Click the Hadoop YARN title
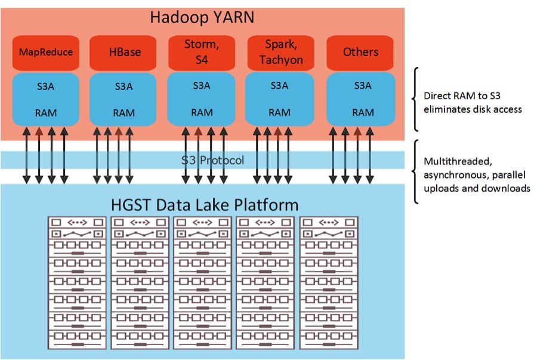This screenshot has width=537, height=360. click(202, 17)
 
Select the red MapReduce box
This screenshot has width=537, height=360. click(45, 53)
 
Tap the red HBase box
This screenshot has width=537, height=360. click(122, 53)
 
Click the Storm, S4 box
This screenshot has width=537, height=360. click(202, 53)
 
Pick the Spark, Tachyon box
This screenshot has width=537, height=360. click(281, 53)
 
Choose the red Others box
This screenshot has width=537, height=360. click(360, 53)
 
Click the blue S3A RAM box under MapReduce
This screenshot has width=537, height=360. click(45, 99)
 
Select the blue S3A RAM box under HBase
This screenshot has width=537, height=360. click(122, 99)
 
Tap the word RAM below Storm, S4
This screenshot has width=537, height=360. click(202, 112)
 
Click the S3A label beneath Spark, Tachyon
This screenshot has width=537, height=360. click(279, 85)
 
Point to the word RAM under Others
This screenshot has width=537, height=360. click(363, 112)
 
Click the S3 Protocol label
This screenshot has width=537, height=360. click(212, 160)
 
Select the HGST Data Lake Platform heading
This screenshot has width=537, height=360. click(205, 205)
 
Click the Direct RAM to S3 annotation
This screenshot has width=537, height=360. click(473, 103)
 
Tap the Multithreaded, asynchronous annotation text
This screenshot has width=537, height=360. click(477, 175)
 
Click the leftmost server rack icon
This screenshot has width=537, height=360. click(77, 283)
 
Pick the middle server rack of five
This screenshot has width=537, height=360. click(202, 283)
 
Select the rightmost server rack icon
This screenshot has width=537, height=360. click(329, 283)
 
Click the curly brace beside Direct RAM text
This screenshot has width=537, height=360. click(415, 99)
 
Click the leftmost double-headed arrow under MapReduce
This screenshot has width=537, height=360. click(26, 155)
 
